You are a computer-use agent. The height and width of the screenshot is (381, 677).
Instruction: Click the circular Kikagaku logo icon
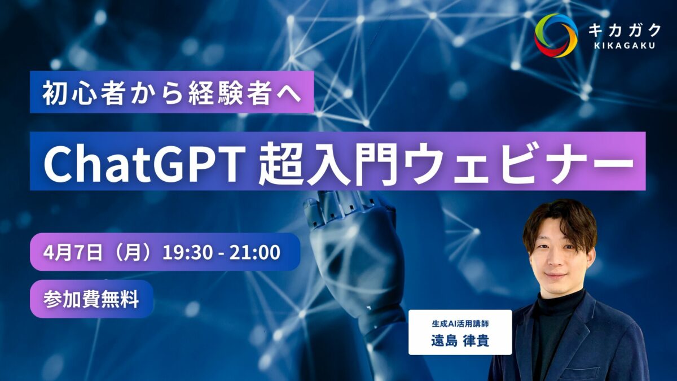(556, 36)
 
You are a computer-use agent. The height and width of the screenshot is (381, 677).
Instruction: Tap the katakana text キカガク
(625, 30)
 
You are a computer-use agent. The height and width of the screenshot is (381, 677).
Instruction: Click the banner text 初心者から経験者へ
(172, 94)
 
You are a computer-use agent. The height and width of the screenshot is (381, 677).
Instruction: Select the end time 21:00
(255, 252)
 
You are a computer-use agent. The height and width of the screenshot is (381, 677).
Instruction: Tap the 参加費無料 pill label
(91, 299)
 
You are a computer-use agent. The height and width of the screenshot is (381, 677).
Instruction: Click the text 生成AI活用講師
(460, 324)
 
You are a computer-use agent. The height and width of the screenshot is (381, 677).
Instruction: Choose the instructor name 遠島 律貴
(460, 341)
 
